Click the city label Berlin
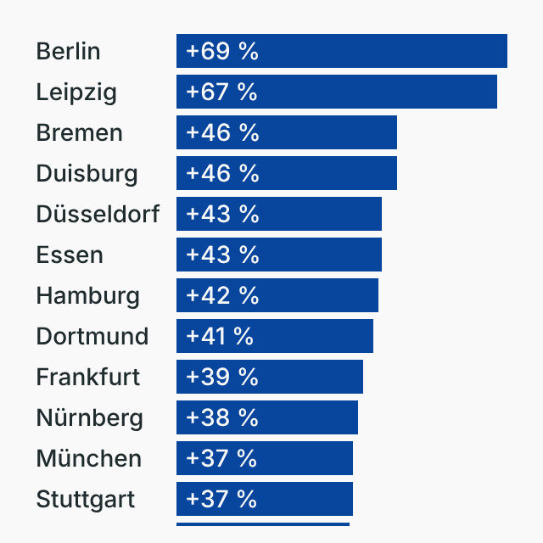click(68, 51)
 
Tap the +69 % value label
click(221, 51)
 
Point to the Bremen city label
click(79, 132)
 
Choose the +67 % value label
click(221, 92)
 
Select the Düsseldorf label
click(98, 214)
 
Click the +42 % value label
click(221, 295)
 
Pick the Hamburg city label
click(87, 295)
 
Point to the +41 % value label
click(219, 336)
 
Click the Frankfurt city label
click(88, 377)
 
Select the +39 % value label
click(221, 377)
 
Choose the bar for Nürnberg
click(305, 417)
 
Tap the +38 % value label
click(221, 417)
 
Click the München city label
click(88, 458)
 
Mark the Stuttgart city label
click(85, 499)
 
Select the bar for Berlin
click(382, 51)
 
